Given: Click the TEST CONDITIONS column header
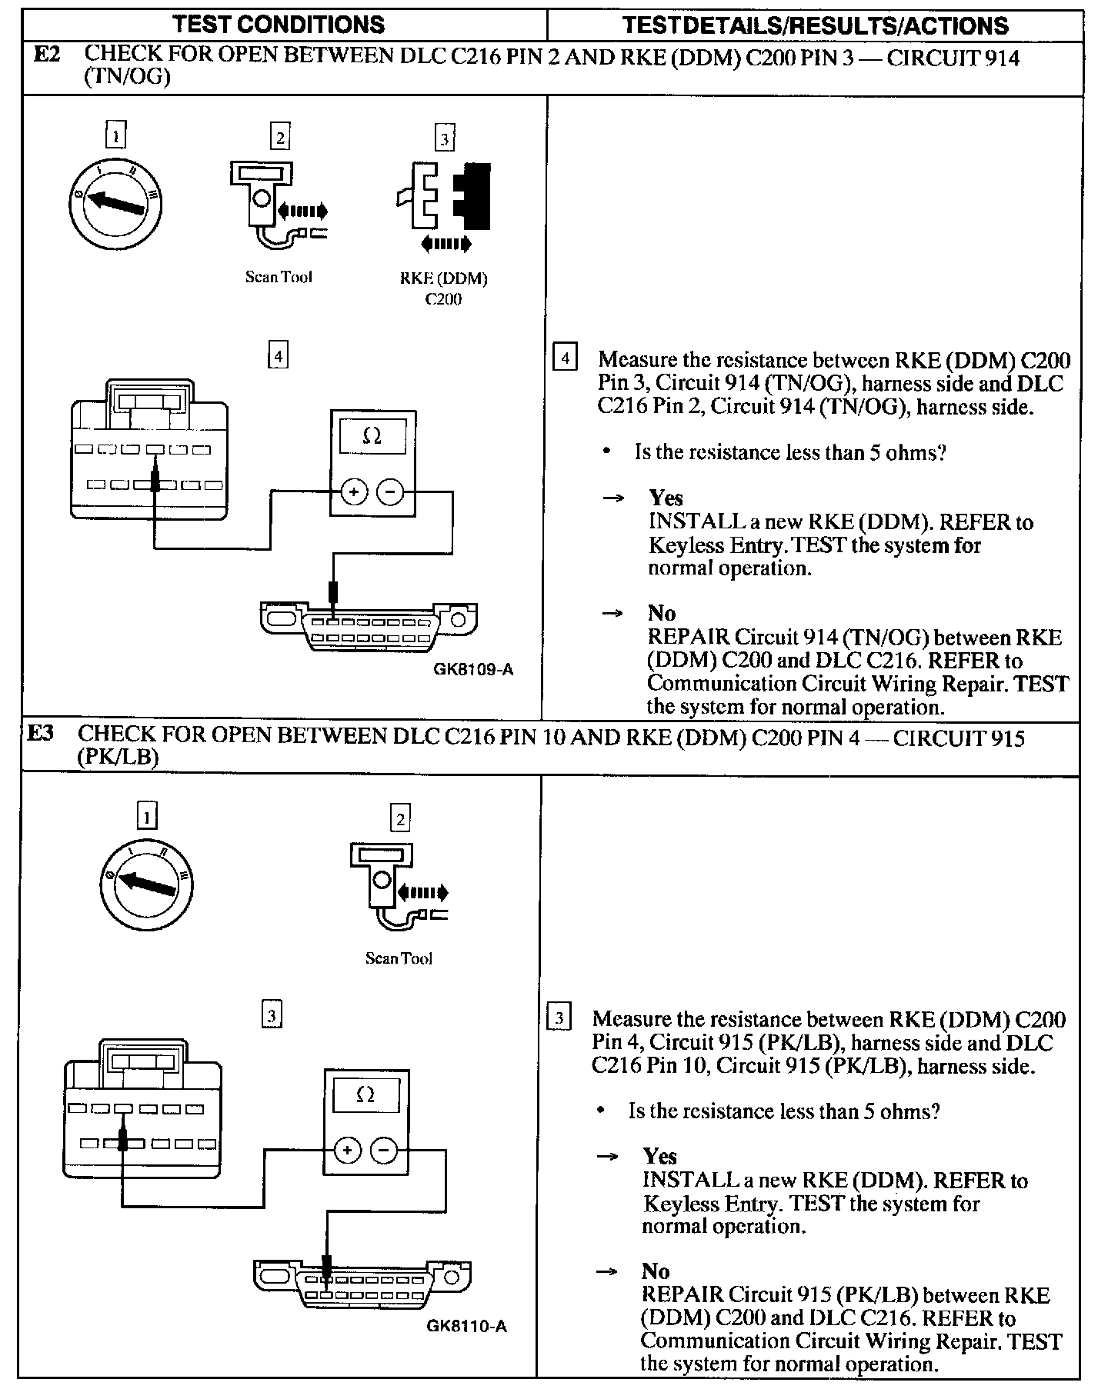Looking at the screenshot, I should click(279, 25).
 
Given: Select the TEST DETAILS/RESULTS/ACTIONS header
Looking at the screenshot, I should click(815, 25).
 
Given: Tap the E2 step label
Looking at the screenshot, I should click(47, 55).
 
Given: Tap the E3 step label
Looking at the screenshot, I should click(41, 734).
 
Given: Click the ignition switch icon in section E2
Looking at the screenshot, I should click(116, 202).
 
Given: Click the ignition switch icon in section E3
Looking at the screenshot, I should click(145, 884).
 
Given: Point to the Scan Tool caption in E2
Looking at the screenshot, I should click(279, 277).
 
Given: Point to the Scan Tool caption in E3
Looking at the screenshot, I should click(399, 958).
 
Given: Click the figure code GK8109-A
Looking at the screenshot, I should click(473, 669).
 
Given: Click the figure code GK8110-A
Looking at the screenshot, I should click(466, 1327).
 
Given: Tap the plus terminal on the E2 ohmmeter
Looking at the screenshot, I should click(354, 492).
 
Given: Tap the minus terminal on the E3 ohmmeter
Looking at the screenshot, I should click(384, 1151).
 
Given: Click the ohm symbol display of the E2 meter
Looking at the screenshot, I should click(372, 436).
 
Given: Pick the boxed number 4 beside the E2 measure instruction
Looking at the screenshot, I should click(566, 359).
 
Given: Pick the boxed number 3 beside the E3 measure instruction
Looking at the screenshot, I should click(559, 1018).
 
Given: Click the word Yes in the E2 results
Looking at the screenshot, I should click(666, 498).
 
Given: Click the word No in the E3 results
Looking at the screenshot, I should click(656, 1271).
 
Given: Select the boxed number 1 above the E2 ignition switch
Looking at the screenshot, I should click(115, 135).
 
